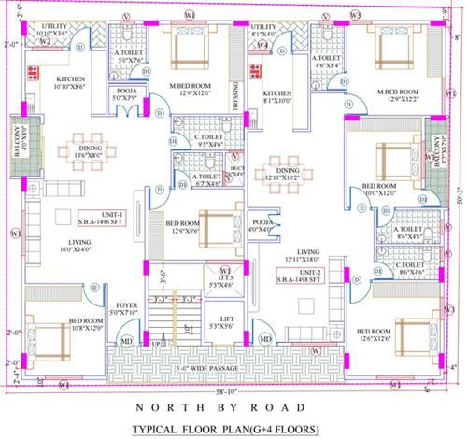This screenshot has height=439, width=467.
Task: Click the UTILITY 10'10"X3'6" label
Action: (54, 30)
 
